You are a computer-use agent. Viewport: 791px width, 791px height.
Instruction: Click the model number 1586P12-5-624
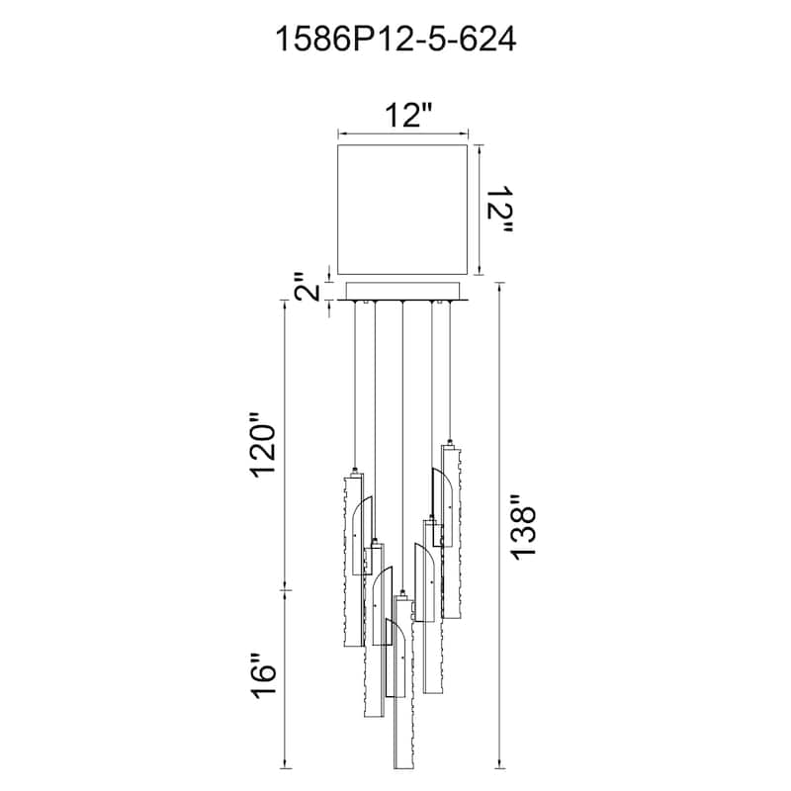coord(395,39)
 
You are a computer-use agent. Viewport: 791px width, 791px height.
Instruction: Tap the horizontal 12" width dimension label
coord(409,116)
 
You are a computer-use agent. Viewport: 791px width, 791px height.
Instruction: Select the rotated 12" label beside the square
coord(499,210)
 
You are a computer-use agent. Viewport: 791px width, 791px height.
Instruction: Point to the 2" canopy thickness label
coord(307,287)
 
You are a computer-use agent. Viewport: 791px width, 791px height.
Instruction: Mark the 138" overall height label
coord(523,526)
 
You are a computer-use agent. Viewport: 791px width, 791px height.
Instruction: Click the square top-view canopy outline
coord(402,210)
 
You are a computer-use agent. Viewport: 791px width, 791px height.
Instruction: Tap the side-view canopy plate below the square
coord(402,292)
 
